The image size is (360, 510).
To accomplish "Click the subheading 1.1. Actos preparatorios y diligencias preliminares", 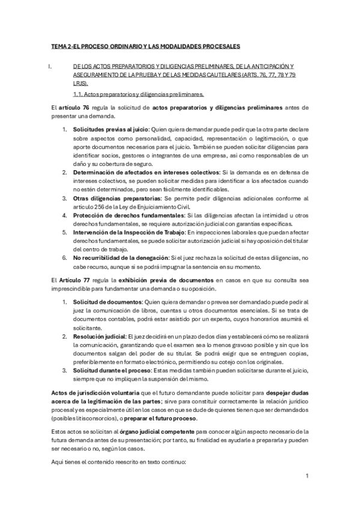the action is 138,94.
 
